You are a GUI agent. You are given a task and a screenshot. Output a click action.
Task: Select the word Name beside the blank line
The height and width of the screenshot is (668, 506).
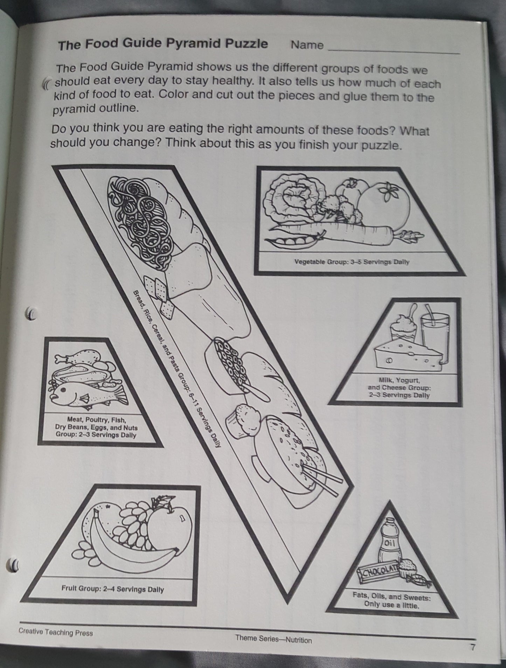point(307,45)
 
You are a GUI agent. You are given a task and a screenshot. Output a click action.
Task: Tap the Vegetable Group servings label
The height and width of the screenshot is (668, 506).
point(352,262)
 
